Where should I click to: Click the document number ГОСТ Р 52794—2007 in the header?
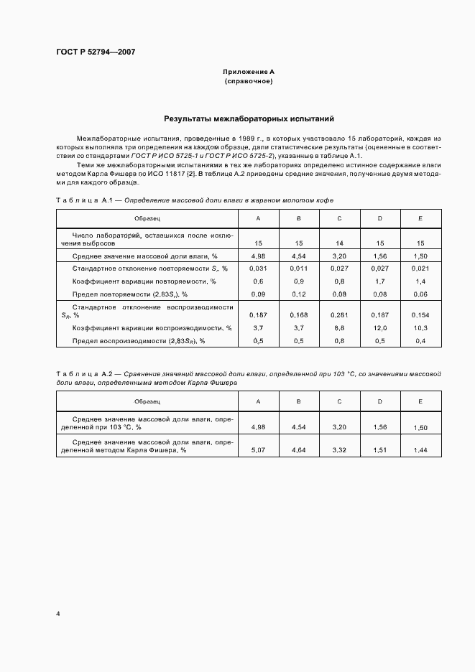pos(96,52)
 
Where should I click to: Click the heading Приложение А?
pos(248,73)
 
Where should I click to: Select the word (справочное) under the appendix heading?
pos(248,81)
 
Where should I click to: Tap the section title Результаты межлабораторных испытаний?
pos(248,118)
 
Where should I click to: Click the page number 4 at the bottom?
pos(57,614)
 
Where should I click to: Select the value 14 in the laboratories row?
pos(339,243)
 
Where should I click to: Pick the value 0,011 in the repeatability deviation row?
pos(298,268)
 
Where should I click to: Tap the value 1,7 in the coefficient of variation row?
pos(379,281)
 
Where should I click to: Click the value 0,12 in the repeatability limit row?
pos(298,294)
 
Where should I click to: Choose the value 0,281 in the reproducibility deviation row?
pos(339,314)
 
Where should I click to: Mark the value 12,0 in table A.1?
pos(379,327)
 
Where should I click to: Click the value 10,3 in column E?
pos(420,327)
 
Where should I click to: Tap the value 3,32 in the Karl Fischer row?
pos(339,449)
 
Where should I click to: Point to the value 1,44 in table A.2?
pos(420,449)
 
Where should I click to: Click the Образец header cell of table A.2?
pos(147,401)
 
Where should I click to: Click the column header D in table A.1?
pos(379,218)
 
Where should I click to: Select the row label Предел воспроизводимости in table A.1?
pos(139,340)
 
